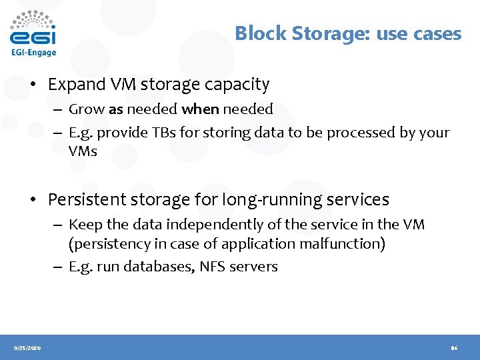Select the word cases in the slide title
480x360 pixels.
[x=437, y=33]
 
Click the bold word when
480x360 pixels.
[x=200, y=109]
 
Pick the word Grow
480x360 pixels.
[x=85, y=109]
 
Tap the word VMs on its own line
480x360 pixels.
[x=83, y=151]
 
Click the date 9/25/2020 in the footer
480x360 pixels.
[x=27, y=348]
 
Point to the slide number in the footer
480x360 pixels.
[x=454, y=348]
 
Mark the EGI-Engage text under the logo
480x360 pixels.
[x=33, y=52]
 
